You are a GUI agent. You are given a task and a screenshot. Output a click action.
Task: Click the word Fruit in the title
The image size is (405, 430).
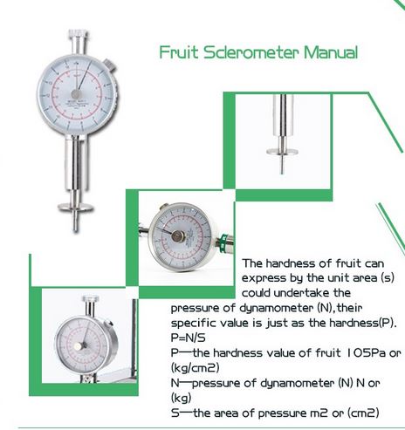[179, 52]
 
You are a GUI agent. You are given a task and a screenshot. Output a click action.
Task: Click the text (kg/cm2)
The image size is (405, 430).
[195, 368]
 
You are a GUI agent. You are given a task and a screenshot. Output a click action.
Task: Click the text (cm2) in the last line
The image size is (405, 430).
[363, 413]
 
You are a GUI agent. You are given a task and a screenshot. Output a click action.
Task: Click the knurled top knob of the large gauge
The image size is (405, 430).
[78, 34]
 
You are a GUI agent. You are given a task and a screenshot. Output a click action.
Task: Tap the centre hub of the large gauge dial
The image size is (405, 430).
[77, 94]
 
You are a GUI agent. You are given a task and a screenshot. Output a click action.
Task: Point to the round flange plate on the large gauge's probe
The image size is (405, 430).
[75, 208]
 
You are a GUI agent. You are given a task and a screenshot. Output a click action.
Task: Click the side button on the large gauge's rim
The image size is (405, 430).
[109, 65]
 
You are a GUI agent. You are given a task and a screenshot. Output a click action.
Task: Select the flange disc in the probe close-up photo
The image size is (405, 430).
[282, 152]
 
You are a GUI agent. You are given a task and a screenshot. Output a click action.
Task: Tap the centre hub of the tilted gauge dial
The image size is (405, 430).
[178, 236]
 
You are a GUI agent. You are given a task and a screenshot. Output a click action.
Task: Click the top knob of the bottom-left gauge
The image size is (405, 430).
[91, 298]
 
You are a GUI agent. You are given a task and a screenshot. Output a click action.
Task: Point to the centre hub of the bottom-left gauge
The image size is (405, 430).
[79, 346]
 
